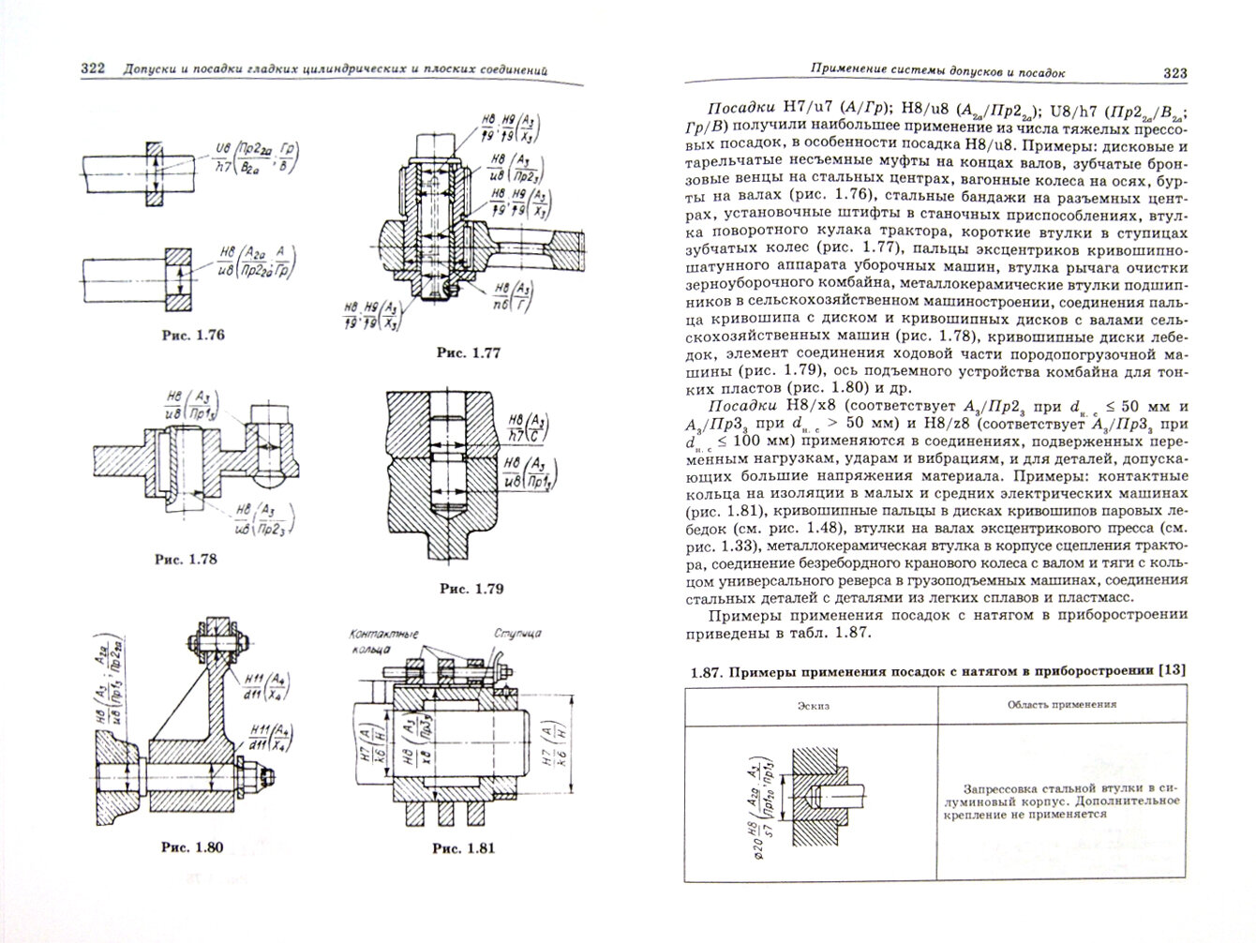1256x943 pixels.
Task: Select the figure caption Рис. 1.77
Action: point(468,352)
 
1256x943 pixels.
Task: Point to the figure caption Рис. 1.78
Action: point(184,560)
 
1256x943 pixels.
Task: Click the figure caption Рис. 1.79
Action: point(471,589)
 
